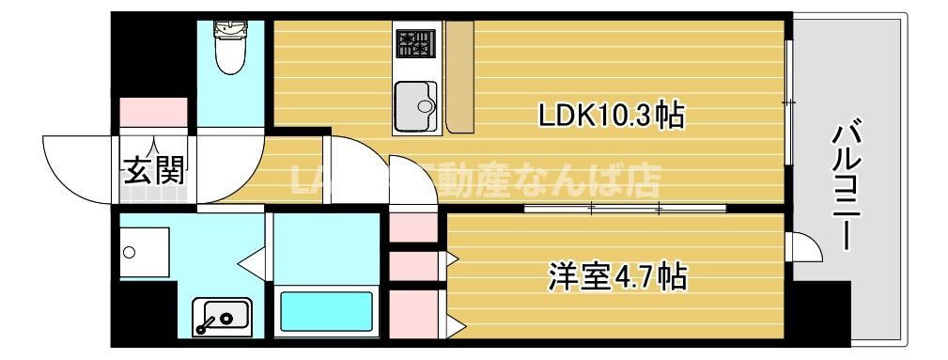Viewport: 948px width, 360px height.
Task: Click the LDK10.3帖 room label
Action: tap(609, 116)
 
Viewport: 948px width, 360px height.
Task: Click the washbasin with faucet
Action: tap(221, 316)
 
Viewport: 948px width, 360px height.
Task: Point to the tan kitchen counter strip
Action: tap(460, 75)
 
